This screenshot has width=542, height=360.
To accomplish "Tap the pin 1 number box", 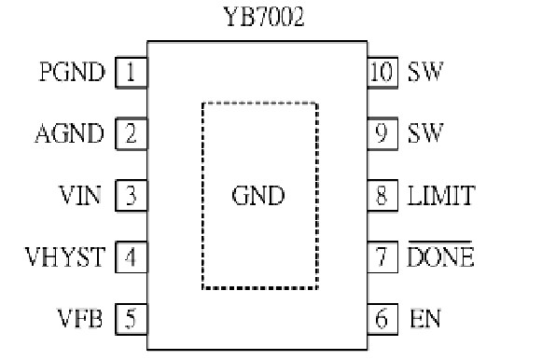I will pos(131,72).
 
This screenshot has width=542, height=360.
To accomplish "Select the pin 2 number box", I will pos(131,133).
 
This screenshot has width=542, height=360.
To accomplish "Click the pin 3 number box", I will pos(131,196).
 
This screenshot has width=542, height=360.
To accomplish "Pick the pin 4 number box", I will pos(131,257).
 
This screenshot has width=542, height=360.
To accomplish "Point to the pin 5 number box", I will pos(131,320).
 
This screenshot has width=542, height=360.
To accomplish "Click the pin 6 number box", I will pos(381,320).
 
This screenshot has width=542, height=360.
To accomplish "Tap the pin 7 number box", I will pos(381,257).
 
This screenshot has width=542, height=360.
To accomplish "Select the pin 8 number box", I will pos(381,196).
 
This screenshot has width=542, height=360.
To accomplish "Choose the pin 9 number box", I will pos(381,133).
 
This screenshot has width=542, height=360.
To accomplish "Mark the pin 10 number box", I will pos(381,72).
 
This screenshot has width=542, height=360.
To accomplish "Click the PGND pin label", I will pos(72,72).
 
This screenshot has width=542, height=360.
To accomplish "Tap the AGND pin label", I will pos(69,133).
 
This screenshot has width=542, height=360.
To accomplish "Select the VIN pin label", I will pos(81,196).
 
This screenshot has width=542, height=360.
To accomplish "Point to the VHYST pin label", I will pos(65,257).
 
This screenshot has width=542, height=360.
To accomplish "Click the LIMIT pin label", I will pos(441,196).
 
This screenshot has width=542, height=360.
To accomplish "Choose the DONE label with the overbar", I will pos(440,257).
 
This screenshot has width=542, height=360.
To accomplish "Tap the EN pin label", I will pos(424,320).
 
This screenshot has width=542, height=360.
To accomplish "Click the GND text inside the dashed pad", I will pos(257,197).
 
